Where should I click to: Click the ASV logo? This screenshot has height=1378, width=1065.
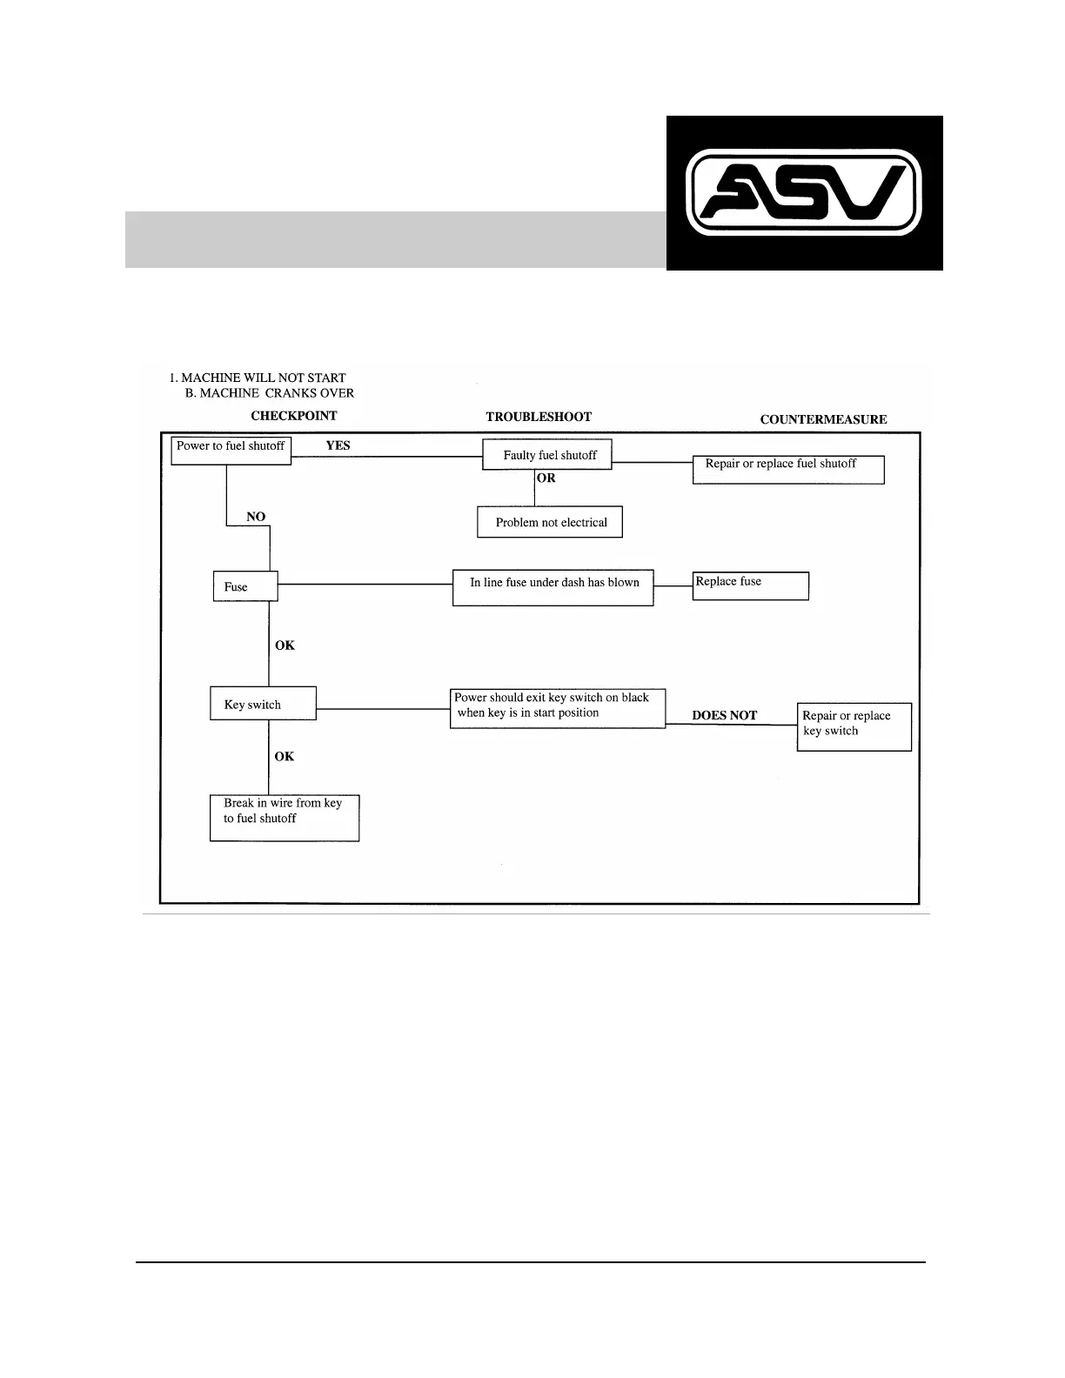click(804, 193)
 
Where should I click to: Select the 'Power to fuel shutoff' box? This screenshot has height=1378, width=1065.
click(231, 450)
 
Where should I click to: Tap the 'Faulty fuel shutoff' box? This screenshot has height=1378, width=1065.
click(547, 455)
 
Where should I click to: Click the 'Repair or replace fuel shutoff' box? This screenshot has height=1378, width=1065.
click(787, 469)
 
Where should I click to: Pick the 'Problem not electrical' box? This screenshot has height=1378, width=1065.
click(550, 522)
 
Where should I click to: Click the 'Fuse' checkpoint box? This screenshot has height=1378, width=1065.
click(244, 586)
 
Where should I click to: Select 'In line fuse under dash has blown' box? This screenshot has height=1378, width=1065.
click(553, 587)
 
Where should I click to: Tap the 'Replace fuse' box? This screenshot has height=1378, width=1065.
click(750, 585)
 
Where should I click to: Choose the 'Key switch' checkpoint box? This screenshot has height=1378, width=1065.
click(262, 704)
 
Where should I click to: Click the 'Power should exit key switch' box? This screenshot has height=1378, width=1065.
click(557, 708)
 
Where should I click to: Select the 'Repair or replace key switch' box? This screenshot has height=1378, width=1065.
click(854, 726)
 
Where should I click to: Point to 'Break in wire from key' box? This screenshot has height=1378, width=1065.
click(284, 817)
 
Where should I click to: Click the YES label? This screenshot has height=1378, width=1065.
click(338, 445)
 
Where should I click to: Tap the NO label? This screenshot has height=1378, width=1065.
click(256, 517)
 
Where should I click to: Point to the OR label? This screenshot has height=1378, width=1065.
click(546, 478)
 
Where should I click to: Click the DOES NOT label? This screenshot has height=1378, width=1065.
click(724, 715)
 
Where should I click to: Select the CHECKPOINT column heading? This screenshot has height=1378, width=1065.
click(293, 416)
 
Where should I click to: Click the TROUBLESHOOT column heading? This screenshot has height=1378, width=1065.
click(538, 417)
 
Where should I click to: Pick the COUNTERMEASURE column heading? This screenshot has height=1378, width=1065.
click(823, 419)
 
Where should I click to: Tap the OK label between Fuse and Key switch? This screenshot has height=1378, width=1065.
click(285, 646)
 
